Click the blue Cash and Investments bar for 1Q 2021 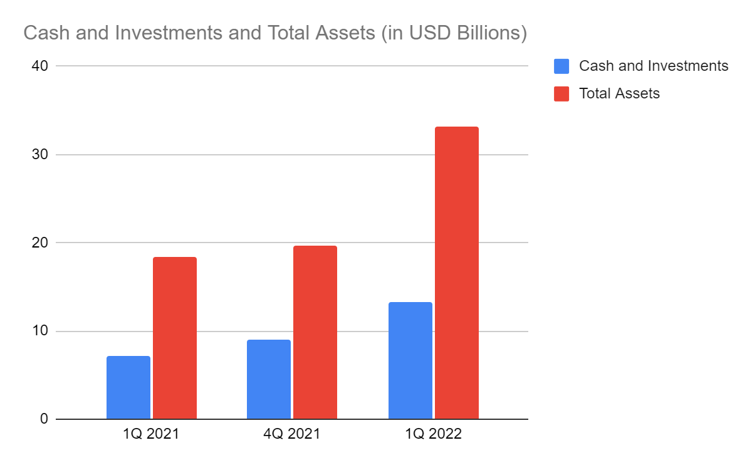[128, 387]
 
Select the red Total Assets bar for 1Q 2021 [175, 338]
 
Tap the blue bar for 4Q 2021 [269, 379]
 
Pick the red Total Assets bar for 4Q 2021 [315, 332]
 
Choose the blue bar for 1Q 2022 [410, 360]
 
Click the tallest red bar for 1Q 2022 [457, 273]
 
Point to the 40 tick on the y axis [39, 66]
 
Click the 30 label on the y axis [39, 154]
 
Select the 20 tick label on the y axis [39, 243]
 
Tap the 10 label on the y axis [39, 331]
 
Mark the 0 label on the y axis [44, 419]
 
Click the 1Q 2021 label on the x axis [151, 434]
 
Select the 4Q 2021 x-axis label [292, 434]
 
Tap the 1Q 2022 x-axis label [433, 434]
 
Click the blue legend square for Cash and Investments [561, 66]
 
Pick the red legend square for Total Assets [561, 94]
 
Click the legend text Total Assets [619, 94]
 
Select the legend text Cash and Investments [654, 66]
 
